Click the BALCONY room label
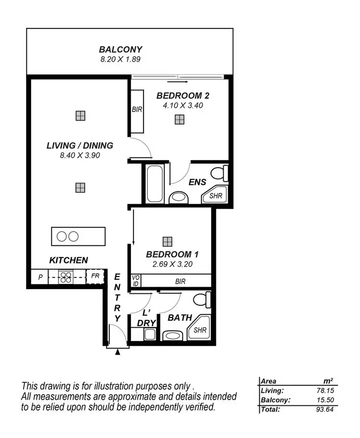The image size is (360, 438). click(120, 49)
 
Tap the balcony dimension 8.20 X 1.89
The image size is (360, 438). click(120, 60)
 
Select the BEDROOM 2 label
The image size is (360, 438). click(182, 96)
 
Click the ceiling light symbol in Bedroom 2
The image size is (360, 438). click(179, 120)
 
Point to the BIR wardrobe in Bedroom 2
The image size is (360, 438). click(137, 110)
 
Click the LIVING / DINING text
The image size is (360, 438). click(80, 146)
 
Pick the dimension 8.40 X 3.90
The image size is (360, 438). click(80, 155)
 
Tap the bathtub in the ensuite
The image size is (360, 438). click(155, 184)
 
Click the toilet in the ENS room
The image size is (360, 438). click(220, 173)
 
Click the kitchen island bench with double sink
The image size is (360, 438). click(78, 236)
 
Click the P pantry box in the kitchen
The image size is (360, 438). click(40, 277)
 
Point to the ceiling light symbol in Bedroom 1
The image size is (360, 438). click(167, 241)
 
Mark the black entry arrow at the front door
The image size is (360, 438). click(118, 352)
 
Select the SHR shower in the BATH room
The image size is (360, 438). click(200, 329)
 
